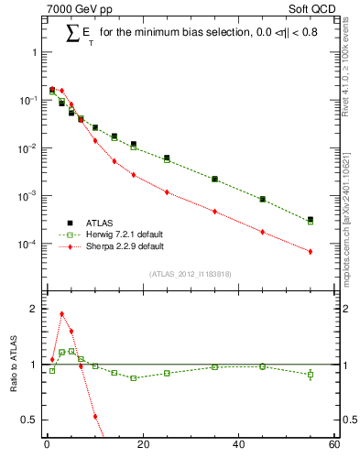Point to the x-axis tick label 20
(x=142, y=445)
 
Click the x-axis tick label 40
(x=238, y=445)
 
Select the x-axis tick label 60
(x=333, y=445)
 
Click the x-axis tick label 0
(x=47, y=445)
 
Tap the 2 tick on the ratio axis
(x=34, y=309)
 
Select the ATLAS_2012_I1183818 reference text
(x=190, y=274)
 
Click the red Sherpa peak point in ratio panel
(x=61, y=314)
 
